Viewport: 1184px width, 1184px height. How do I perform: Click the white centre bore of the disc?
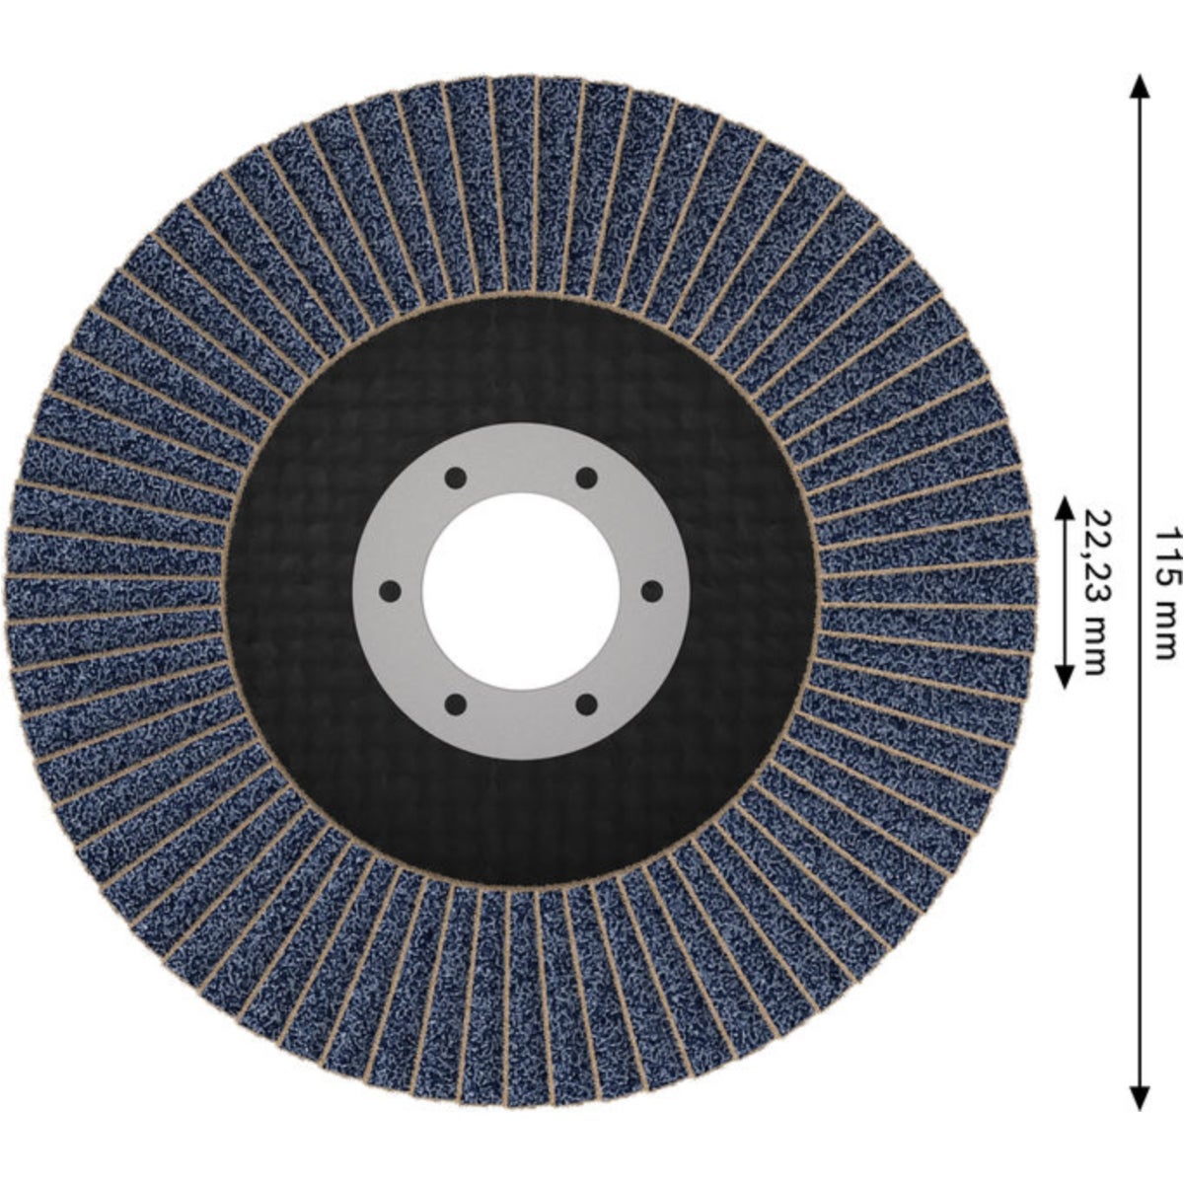point(520,591)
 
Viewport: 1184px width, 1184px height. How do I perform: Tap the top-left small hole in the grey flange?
point(455,478)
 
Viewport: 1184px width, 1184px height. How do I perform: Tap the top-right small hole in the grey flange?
point(586,478)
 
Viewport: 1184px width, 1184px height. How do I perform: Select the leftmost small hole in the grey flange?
point(390,592)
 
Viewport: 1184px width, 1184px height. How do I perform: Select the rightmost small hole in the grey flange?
point(651,592)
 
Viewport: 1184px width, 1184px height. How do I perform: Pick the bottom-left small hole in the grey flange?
point(455,704)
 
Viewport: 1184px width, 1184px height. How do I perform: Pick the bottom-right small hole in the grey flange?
point(586,704)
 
